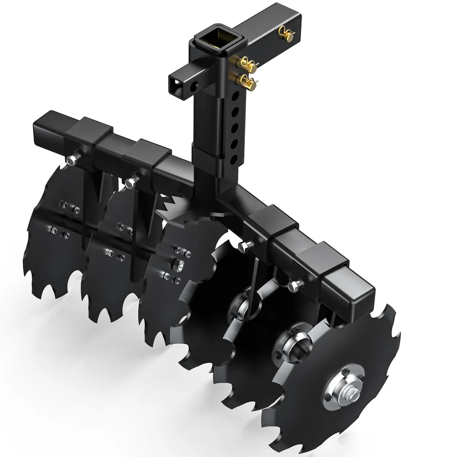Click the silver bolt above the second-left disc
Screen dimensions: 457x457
click(x=130, y=182)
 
